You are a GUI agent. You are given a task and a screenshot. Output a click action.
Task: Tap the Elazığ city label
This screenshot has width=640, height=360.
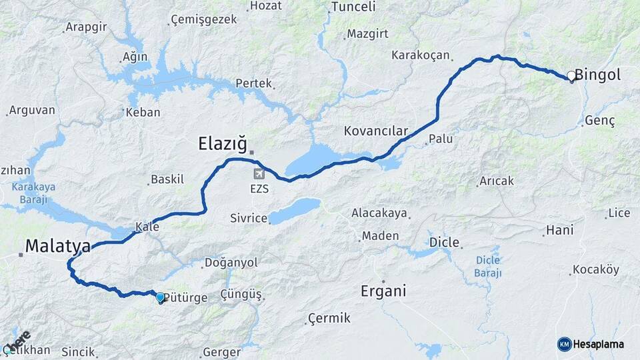[x=223, y=143]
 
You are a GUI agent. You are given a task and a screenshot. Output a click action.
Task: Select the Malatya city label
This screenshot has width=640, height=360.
[x=57, y=247]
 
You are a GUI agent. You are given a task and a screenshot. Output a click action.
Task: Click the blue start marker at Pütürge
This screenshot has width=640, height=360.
[x=160, y=297]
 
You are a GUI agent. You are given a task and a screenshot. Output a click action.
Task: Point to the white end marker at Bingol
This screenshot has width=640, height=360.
[x=571, y=76]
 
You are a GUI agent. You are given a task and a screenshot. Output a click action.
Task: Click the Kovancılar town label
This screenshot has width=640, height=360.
[x=375, y=131]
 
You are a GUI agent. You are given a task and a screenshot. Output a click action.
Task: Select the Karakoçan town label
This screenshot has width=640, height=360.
[x=421, y=55]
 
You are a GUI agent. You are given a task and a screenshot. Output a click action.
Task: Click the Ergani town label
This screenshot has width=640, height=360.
[x=383, y=291]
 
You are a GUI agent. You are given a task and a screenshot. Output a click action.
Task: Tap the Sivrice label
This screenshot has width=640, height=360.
[x=248, y=218]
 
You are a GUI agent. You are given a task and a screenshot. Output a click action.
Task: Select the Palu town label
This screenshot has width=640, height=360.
[x=441, y=139]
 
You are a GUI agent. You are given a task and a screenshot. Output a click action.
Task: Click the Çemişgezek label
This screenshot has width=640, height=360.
[x=204, y=19]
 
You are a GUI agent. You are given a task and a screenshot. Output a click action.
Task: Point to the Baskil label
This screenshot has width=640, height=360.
[x=167, y=179]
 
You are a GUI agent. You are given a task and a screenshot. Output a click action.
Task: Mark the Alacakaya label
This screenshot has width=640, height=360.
[x=379, y=213]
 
